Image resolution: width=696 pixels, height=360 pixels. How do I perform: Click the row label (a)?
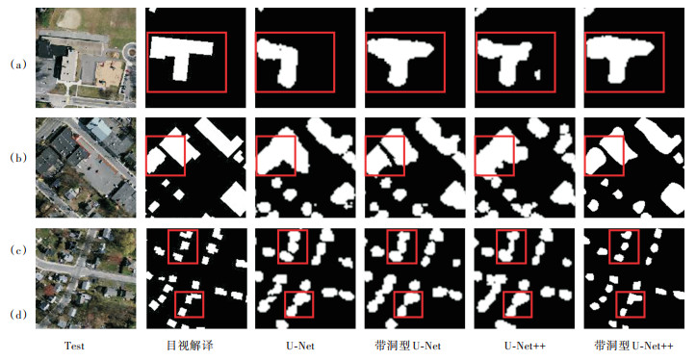18,64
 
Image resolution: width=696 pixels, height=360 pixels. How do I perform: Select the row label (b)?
18,158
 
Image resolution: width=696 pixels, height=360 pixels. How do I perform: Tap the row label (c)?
18,250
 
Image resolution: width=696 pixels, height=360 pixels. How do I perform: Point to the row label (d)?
18,315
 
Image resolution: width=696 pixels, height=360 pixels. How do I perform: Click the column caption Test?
74,346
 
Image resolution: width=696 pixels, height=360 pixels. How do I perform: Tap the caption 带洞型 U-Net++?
633,346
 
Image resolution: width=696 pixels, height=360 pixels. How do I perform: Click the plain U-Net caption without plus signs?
301,346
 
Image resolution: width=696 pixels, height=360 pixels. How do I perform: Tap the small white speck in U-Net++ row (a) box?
537,74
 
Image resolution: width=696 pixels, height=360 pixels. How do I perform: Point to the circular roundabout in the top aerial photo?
130,51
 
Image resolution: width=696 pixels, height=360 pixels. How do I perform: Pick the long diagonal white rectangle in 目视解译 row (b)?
219,138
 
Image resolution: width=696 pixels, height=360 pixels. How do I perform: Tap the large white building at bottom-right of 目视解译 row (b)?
234,200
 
